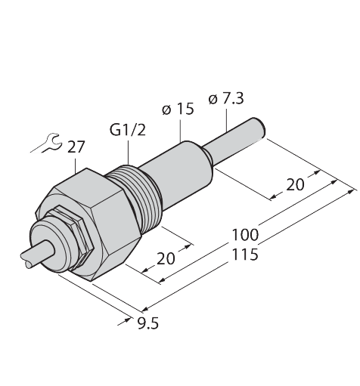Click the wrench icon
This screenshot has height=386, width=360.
[43, 143]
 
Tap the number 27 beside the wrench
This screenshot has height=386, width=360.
[76, 146]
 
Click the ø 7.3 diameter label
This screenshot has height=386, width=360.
[228, 98]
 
